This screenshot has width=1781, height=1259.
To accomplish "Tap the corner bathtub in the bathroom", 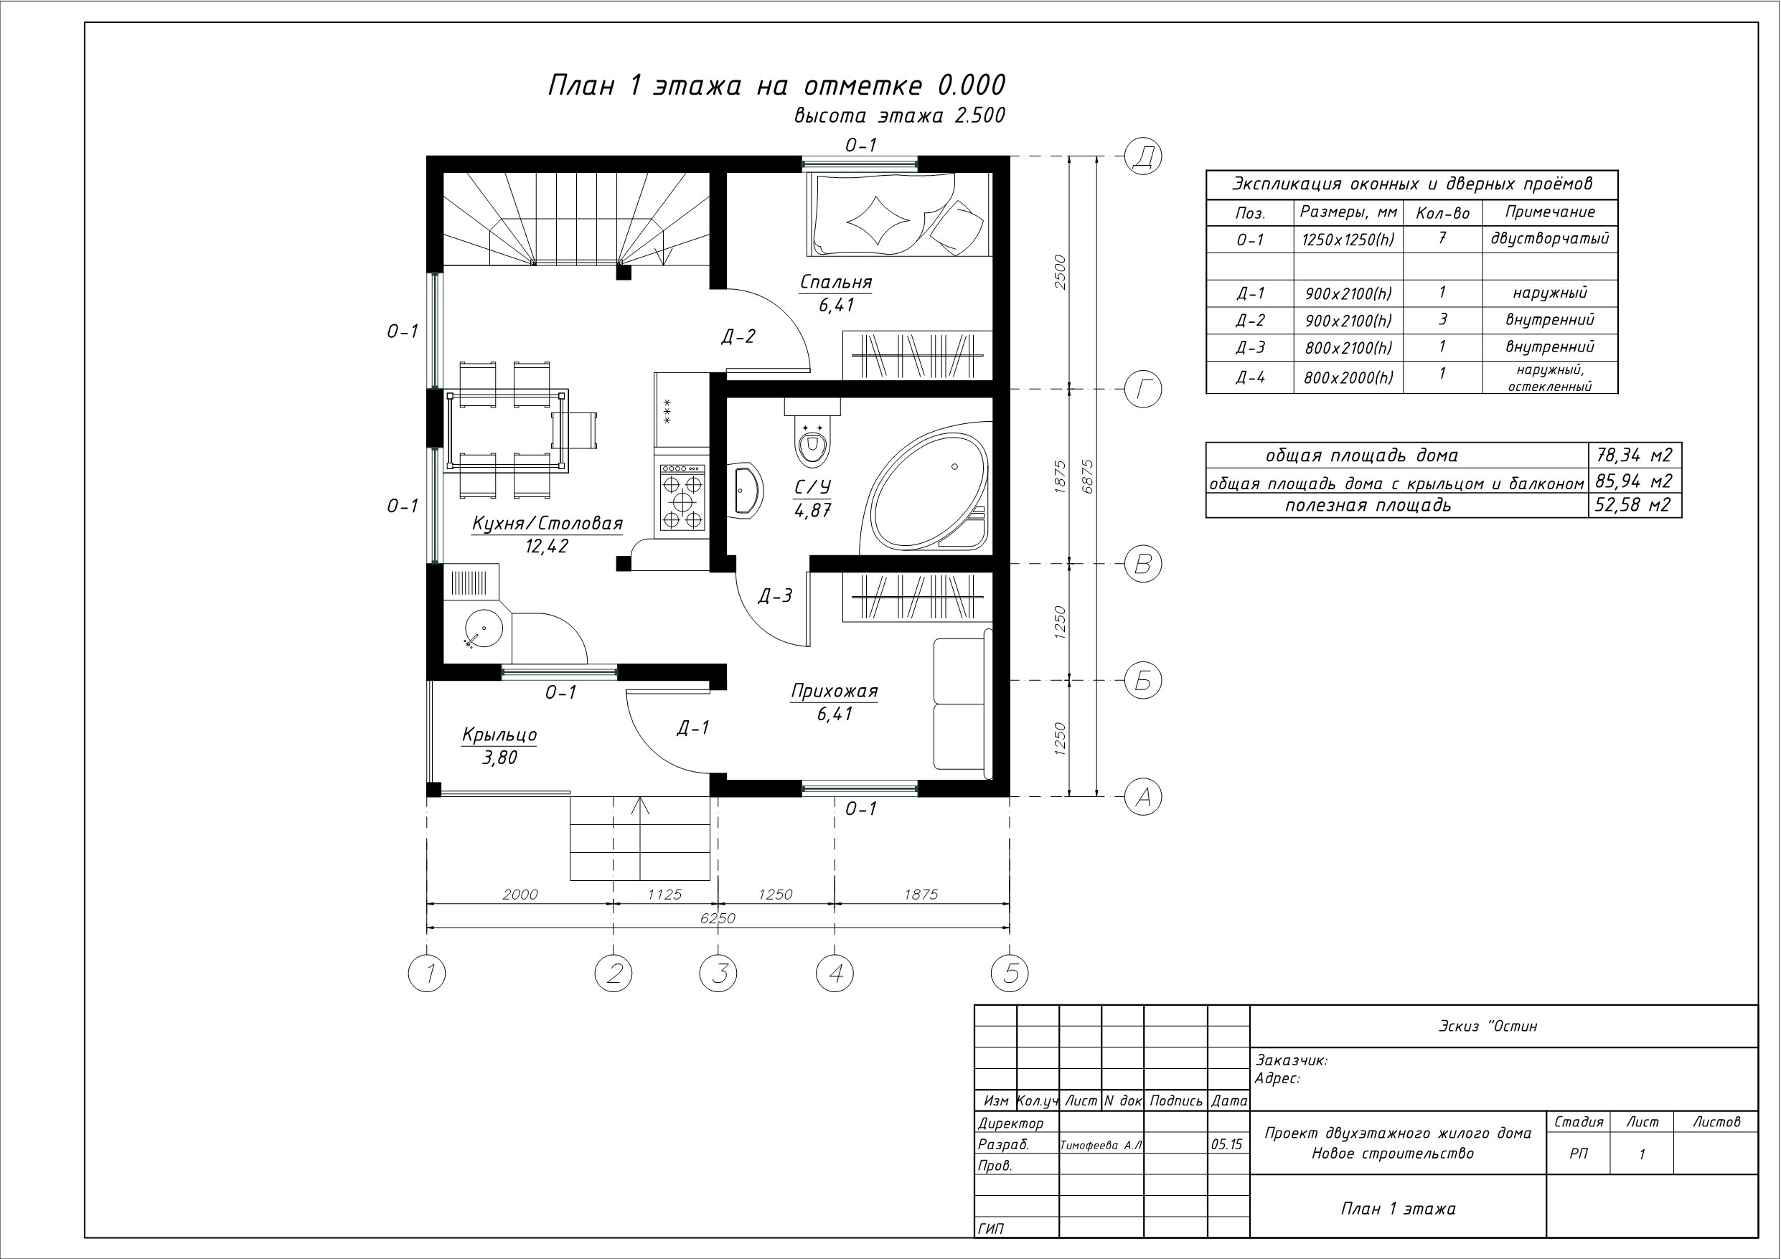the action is click(x=926, y=489).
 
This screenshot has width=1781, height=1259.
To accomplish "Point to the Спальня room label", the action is click(x=836, y=282).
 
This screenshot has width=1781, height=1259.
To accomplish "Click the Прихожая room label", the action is click(x=834, y=691).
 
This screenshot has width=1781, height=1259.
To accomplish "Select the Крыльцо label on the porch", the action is click(x=499, y=734).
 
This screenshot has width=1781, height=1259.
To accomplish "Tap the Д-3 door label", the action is click(x=775, y=595).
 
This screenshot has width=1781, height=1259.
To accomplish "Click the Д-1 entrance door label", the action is click(x=692, y=727).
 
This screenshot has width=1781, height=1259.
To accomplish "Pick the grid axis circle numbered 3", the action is click(x=718, y=973).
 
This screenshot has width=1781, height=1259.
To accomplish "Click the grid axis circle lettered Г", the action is click(x=1142, y=390).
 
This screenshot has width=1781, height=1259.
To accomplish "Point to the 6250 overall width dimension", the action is click(x=718, y=918).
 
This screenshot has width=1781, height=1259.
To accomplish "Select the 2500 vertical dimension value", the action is click(x=1061, y=273).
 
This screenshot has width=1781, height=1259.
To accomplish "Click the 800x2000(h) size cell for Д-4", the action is click(x=1348, y=378).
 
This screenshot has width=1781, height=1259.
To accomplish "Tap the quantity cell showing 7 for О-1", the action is click(x=1442, y=238).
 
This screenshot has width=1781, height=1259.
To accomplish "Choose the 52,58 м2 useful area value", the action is click(x=1634, y=505).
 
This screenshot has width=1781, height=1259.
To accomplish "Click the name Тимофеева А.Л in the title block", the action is click(x=1101, y=1145).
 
